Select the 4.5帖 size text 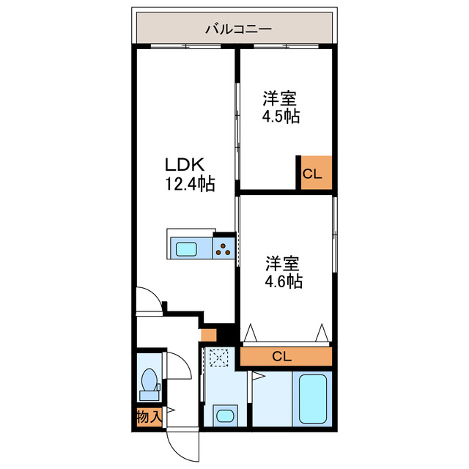281,117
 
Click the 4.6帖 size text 284,281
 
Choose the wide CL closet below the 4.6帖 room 286,357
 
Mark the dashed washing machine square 219,358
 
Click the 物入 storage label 148,418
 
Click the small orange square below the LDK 209,336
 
